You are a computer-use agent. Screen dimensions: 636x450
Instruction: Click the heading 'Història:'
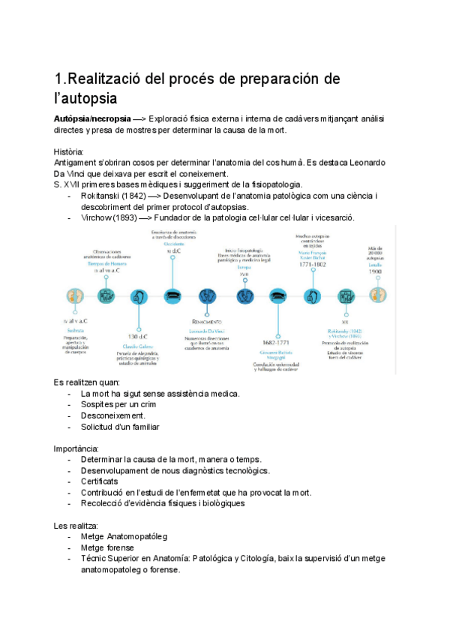69,151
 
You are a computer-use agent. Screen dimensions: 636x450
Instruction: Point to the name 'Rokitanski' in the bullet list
100,196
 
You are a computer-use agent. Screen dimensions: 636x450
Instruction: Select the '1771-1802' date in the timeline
312,264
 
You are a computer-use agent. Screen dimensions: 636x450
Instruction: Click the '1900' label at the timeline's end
376,271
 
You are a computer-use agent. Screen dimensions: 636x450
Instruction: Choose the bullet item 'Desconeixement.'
113,415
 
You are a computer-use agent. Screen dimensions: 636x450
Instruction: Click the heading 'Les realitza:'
76,525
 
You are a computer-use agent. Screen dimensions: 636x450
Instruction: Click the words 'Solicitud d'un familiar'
120,427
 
